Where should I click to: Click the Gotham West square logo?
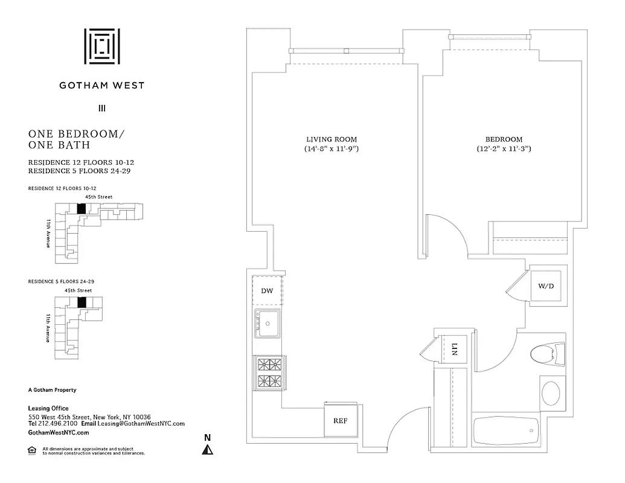(x=101, y=46)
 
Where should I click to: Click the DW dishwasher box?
(x=267, y=291)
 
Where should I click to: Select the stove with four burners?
(x=267, y=373)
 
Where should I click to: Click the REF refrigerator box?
(x=341, y=421)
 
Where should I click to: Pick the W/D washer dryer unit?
(x=545, y=286)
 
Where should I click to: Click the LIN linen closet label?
(x=455, y=349)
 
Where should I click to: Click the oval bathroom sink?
(x=550, y=393)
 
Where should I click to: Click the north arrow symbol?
(x=207, y=449)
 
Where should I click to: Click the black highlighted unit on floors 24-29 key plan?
(x=82, y=302)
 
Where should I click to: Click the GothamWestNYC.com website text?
(x=59, y=433)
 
